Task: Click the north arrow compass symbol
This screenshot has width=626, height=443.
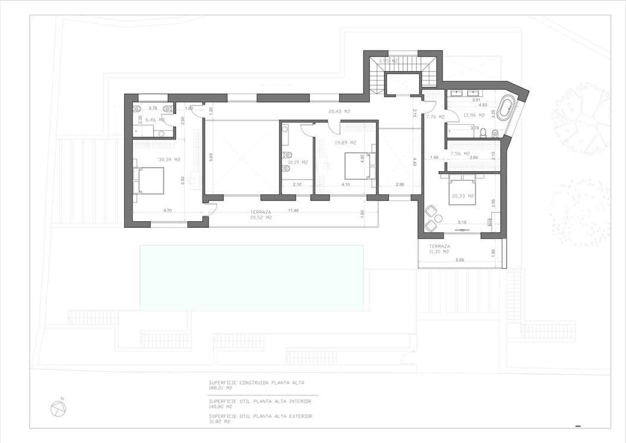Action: (58, 409)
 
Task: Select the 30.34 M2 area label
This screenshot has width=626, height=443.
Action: (169, 159)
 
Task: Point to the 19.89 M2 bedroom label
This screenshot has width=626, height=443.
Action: (345, 143)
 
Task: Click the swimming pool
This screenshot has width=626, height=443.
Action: (251, 278)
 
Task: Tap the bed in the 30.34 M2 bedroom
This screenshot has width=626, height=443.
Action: (148, 181)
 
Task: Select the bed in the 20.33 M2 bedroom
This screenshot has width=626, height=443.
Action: (462, 191)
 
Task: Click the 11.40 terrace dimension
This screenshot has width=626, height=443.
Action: (293, 210)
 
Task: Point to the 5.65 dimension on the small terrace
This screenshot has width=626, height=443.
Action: (460, 260)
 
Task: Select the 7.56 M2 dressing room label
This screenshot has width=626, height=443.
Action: (461, 153)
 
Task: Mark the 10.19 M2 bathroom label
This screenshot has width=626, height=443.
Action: (298, 162)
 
